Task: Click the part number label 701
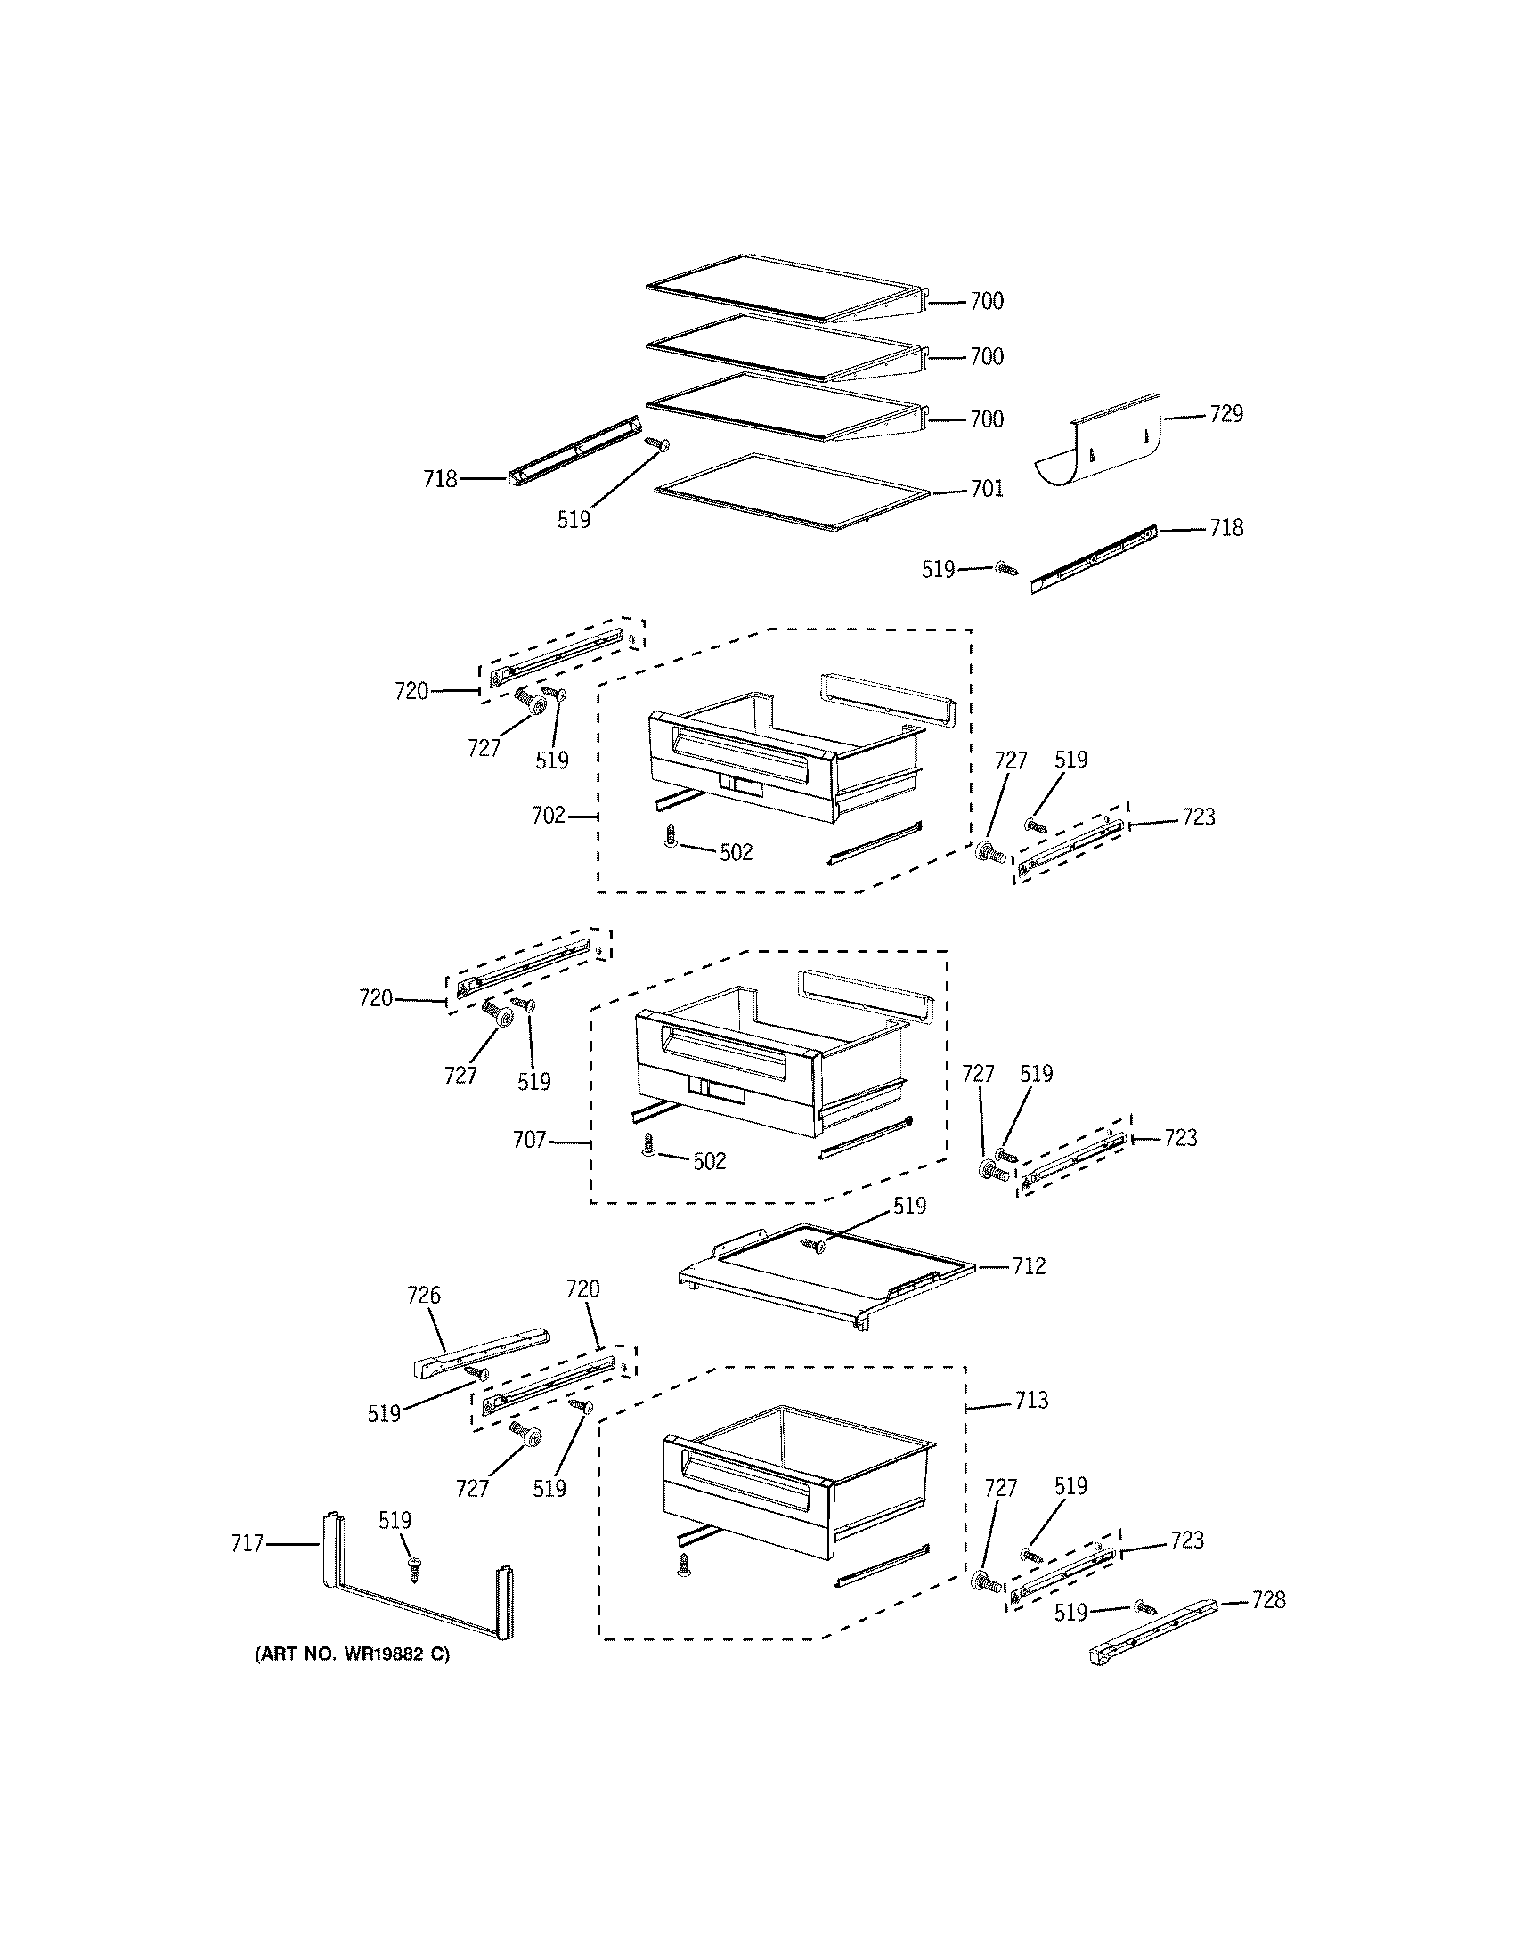[x=987, y=489]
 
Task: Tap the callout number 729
[x=1226, y=414]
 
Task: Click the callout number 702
[x=548, y=816]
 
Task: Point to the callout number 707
[x=529, y=1140]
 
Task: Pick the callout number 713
[x=1031, y=1400]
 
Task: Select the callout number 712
[x=1029, y=1266]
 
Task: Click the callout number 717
[x=247, y=1544]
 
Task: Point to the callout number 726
[x=423, y=1296]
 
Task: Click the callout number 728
[x=1268, y=1600]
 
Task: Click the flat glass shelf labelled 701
[x=789, y=492]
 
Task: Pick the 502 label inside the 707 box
[x=709, y=1161]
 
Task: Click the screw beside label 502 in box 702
[x=670, y=838]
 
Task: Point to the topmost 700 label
[x=987, y=301]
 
